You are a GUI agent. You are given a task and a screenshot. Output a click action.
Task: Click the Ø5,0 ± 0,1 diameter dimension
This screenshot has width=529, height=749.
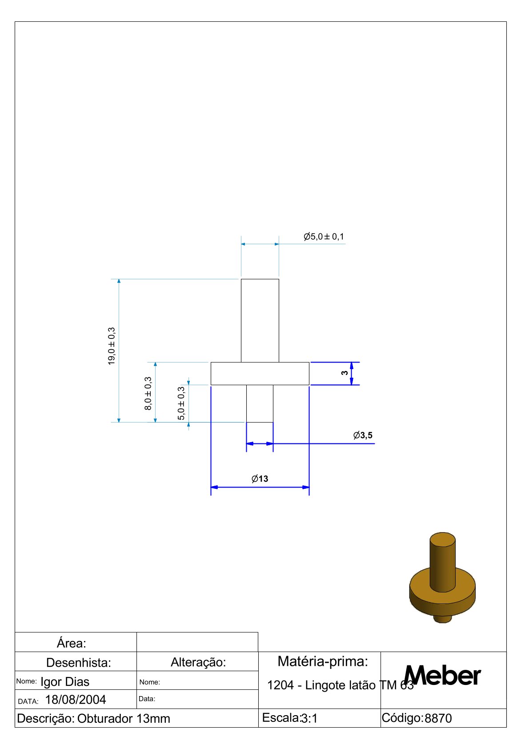(324, 237)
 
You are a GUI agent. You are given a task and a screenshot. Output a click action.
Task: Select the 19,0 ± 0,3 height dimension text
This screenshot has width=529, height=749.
(111, 346)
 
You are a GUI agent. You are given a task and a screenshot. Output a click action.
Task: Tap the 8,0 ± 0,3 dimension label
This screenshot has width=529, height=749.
(148, 394)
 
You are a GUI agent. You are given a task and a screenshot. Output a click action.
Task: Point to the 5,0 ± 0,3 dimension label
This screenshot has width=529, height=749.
(181, 403)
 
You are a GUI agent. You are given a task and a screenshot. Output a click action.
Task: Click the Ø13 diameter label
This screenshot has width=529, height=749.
(260, 479)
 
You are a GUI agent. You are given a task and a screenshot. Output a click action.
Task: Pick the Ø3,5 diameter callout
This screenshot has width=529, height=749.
(363, 435)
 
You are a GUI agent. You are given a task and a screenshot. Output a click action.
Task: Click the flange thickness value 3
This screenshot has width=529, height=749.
(345, 373)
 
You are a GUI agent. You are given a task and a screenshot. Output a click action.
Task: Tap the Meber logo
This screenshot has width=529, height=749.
(442, 676)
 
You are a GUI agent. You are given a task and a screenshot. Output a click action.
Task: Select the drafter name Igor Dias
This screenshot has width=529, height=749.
(65, 682)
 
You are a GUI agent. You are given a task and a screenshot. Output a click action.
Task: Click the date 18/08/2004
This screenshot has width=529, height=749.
(76, 700)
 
